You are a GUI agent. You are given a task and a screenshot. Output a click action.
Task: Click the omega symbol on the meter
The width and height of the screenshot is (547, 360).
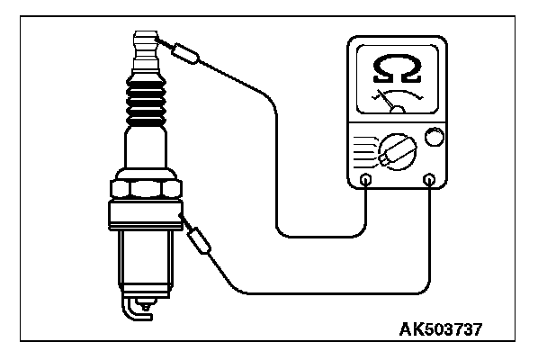(x=398, y=68)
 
